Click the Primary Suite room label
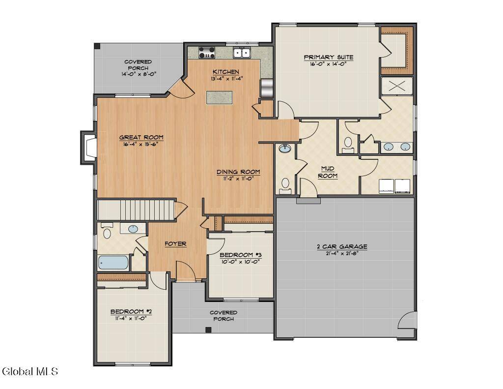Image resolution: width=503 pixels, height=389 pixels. [328, 57]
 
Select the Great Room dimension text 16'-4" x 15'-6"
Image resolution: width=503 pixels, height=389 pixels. [141, 144]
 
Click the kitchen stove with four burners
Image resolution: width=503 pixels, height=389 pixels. [207, 52]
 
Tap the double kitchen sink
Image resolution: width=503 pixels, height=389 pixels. [242, 53]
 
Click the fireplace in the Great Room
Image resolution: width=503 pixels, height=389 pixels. [89, 147]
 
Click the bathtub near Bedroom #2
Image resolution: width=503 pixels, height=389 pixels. [113, 262]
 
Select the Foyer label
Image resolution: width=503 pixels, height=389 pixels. [175, 244]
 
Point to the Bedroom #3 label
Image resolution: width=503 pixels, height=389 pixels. [240, 255]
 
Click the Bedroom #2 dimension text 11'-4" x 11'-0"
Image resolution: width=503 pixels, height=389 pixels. [131, 318]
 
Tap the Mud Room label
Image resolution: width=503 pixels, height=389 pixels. [328, 172]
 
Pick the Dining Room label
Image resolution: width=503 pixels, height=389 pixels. [238, 172]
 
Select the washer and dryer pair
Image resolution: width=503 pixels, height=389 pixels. [394, 186]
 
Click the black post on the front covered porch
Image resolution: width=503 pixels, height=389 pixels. [208, 329]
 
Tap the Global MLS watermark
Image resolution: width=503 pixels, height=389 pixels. [30, 371]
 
